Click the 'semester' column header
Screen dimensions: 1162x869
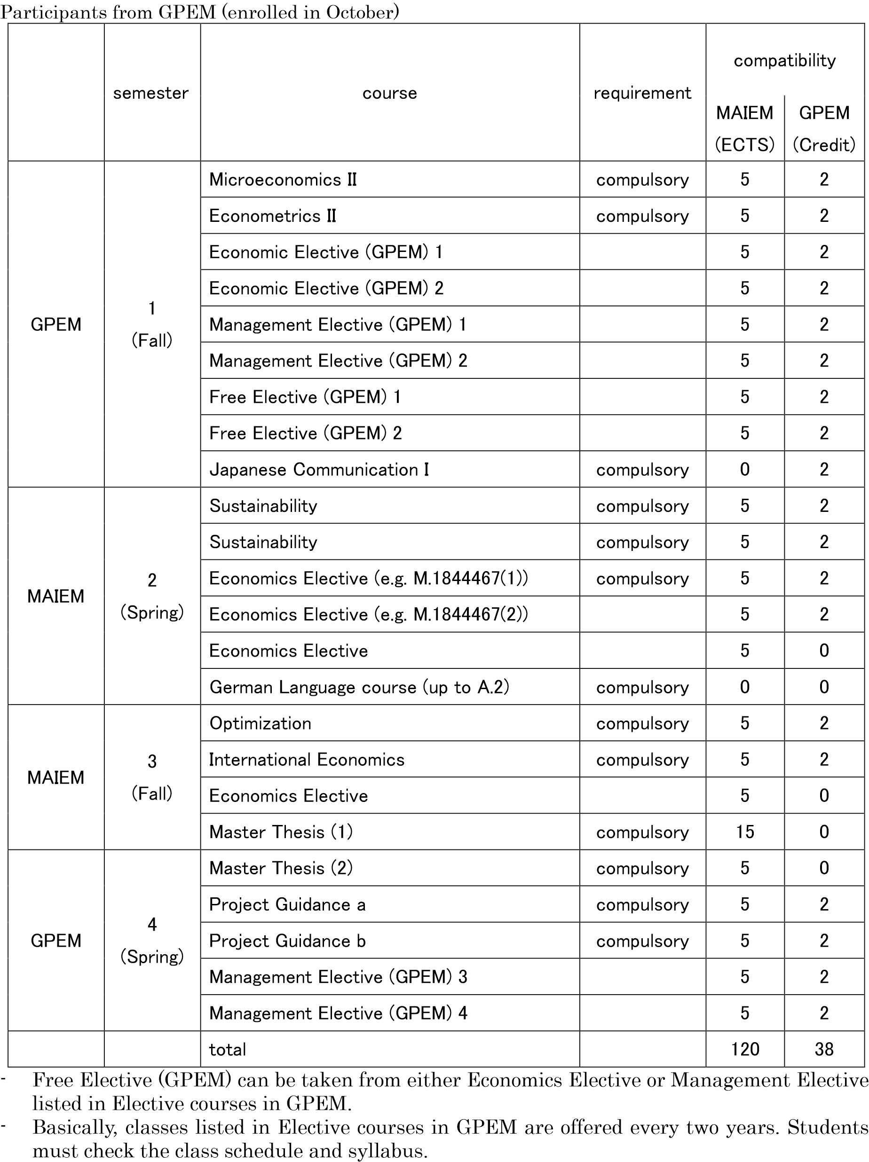tap(151, 93)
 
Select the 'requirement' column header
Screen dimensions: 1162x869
tap(642, 93)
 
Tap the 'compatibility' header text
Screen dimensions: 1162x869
tap(784, 61)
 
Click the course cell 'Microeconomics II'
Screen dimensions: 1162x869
tap(283, 180)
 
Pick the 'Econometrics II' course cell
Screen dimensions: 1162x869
tap(273, 216)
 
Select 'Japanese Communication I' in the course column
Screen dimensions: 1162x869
tap(319, 470)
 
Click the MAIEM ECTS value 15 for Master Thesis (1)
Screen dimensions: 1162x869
tap(744, 832)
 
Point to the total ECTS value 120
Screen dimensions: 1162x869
tap(744, 1050)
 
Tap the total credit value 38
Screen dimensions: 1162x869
tap(824, 1050)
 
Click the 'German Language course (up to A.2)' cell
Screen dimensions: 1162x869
tap(359, 687)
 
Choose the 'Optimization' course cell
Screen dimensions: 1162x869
tap(261, 723)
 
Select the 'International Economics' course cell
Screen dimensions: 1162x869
tap(307, 760)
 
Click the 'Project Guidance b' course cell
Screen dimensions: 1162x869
tap(287, 941)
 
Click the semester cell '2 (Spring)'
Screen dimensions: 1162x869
tap(152, 596)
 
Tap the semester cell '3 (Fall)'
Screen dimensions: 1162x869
tap(152, 777)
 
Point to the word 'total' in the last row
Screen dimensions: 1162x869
tap(228, 1050)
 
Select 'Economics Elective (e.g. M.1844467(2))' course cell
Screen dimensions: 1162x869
tap(368, 615)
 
